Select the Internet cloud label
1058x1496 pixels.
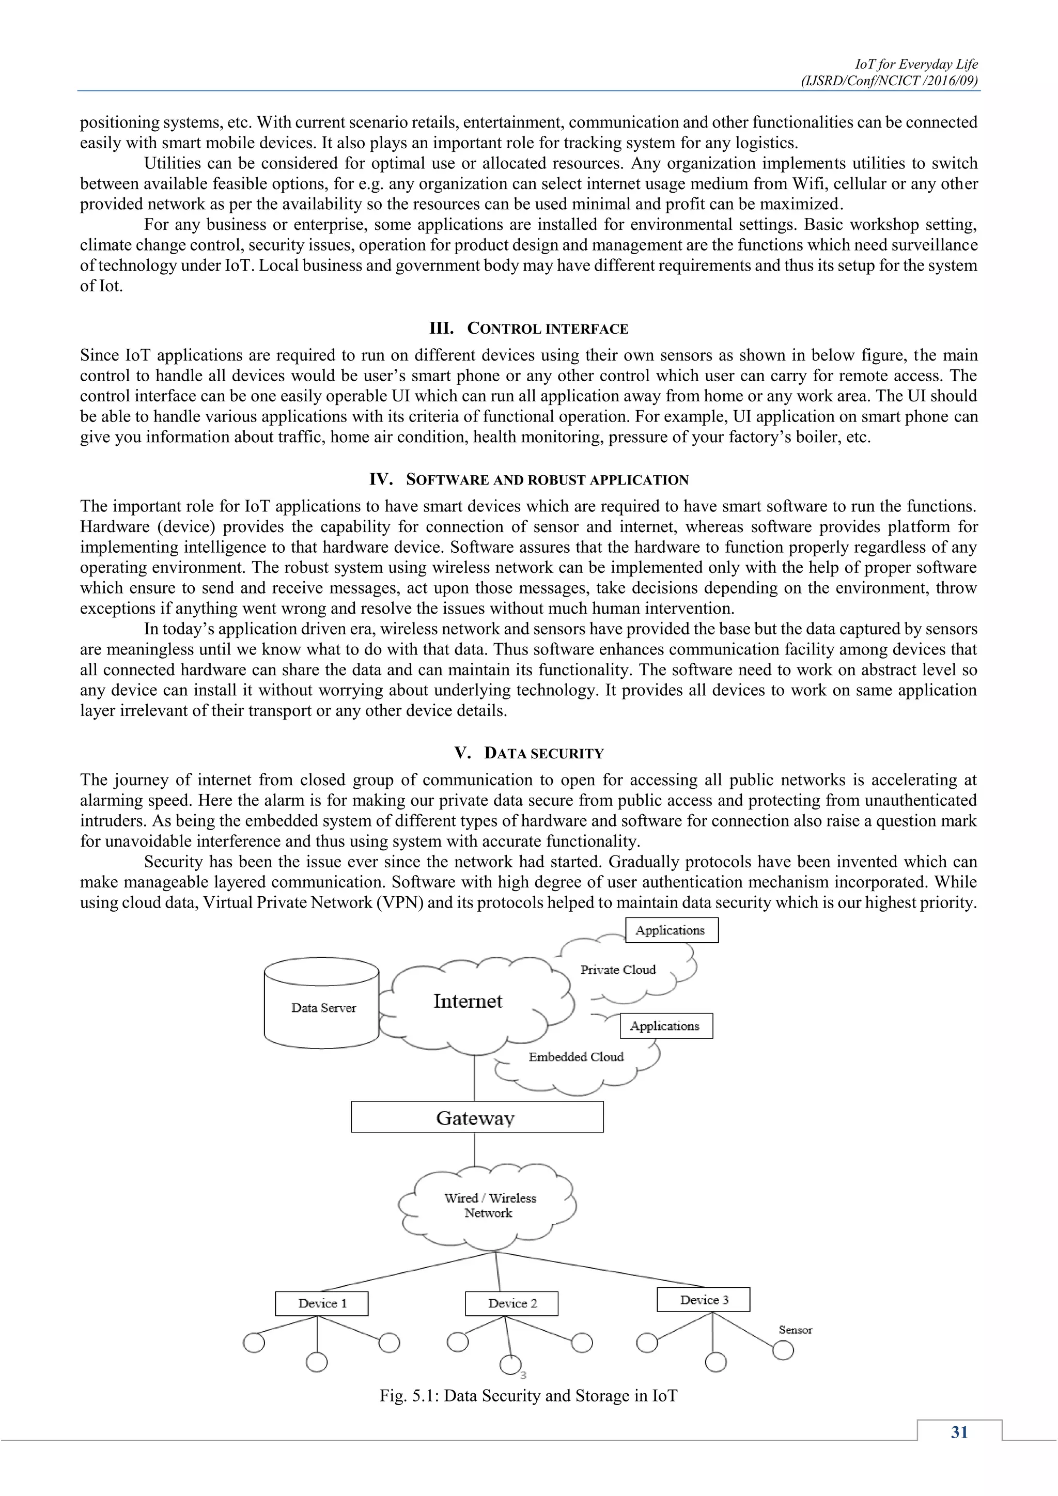(x=468, y=1002)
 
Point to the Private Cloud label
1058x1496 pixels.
(x=618, y=970)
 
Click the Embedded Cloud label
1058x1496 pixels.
(x=576, y=1057)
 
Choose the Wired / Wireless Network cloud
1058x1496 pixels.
(x=489, y=1205)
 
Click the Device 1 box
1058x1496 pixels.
(x=322, y=1303)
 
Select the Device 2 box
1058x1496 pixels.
(x=512, y=1303)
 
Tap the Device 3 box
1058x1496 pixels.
(x=704, y=1299)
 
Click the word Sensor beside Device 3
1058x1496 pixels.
(x=796, y=1330)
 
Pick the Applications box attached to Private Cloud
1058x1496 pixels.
(x=671, y=930)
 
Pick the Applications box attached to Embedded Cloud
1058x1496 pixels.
(x=666, y=1025)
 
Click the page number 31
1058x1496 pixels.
(x=959, y=1432)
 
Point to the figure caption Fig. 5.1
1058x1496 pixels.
(x=528, y=1396)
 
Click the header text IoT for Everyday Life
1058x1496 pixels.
(x=916, y=64)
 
